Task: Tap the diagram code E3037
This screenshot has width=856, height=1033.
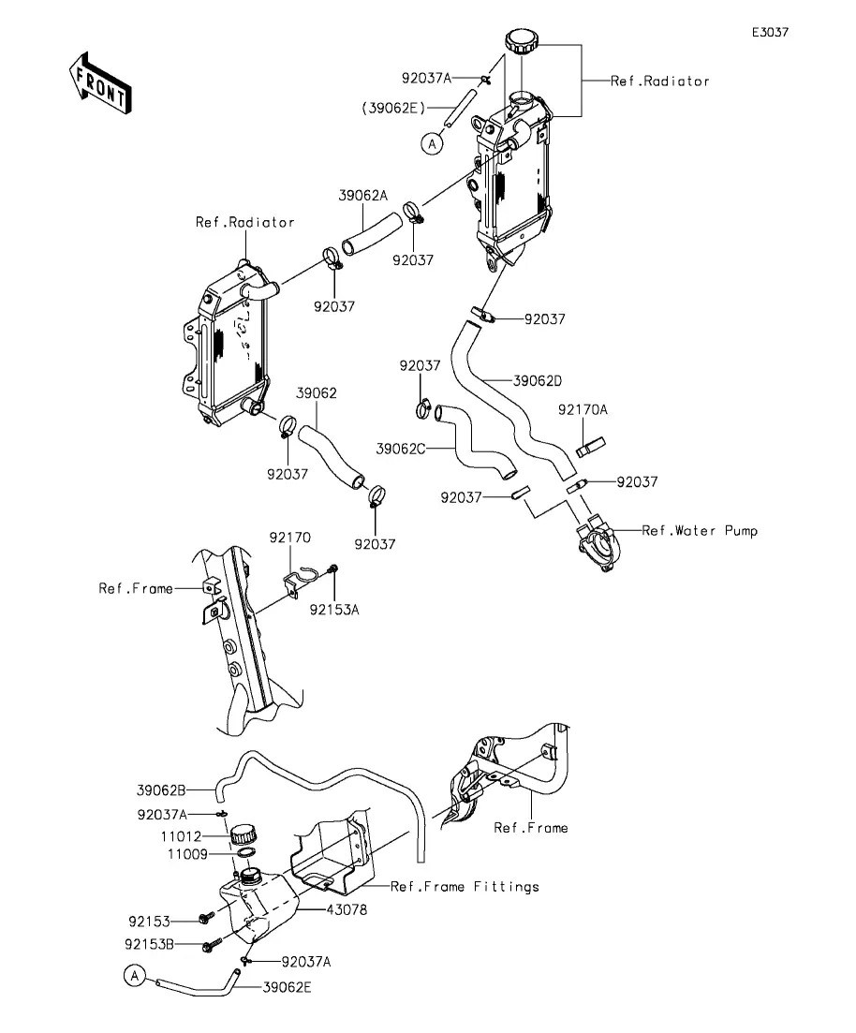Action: coord(770,32)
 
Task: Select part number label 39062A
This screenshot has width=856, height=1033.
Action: coord(362,196)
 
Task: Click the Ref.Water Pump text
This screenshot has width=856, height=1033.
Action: coord(700,531)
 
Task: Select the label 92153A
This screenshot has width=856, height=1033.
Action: coord(334,609)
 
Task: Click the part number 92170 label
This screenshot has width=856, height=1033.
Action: coord(290,538)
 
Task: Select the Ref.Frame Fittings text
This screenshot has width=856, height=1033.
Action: coord(465,886)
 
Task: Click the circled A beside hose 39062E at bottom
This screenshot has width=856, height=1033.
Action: coord(135,976)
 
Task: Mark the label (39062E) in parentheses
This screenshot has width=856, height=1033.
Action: coord(388,107)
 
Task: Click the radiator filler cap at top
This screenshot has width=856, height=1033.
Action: coord(522,41)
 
